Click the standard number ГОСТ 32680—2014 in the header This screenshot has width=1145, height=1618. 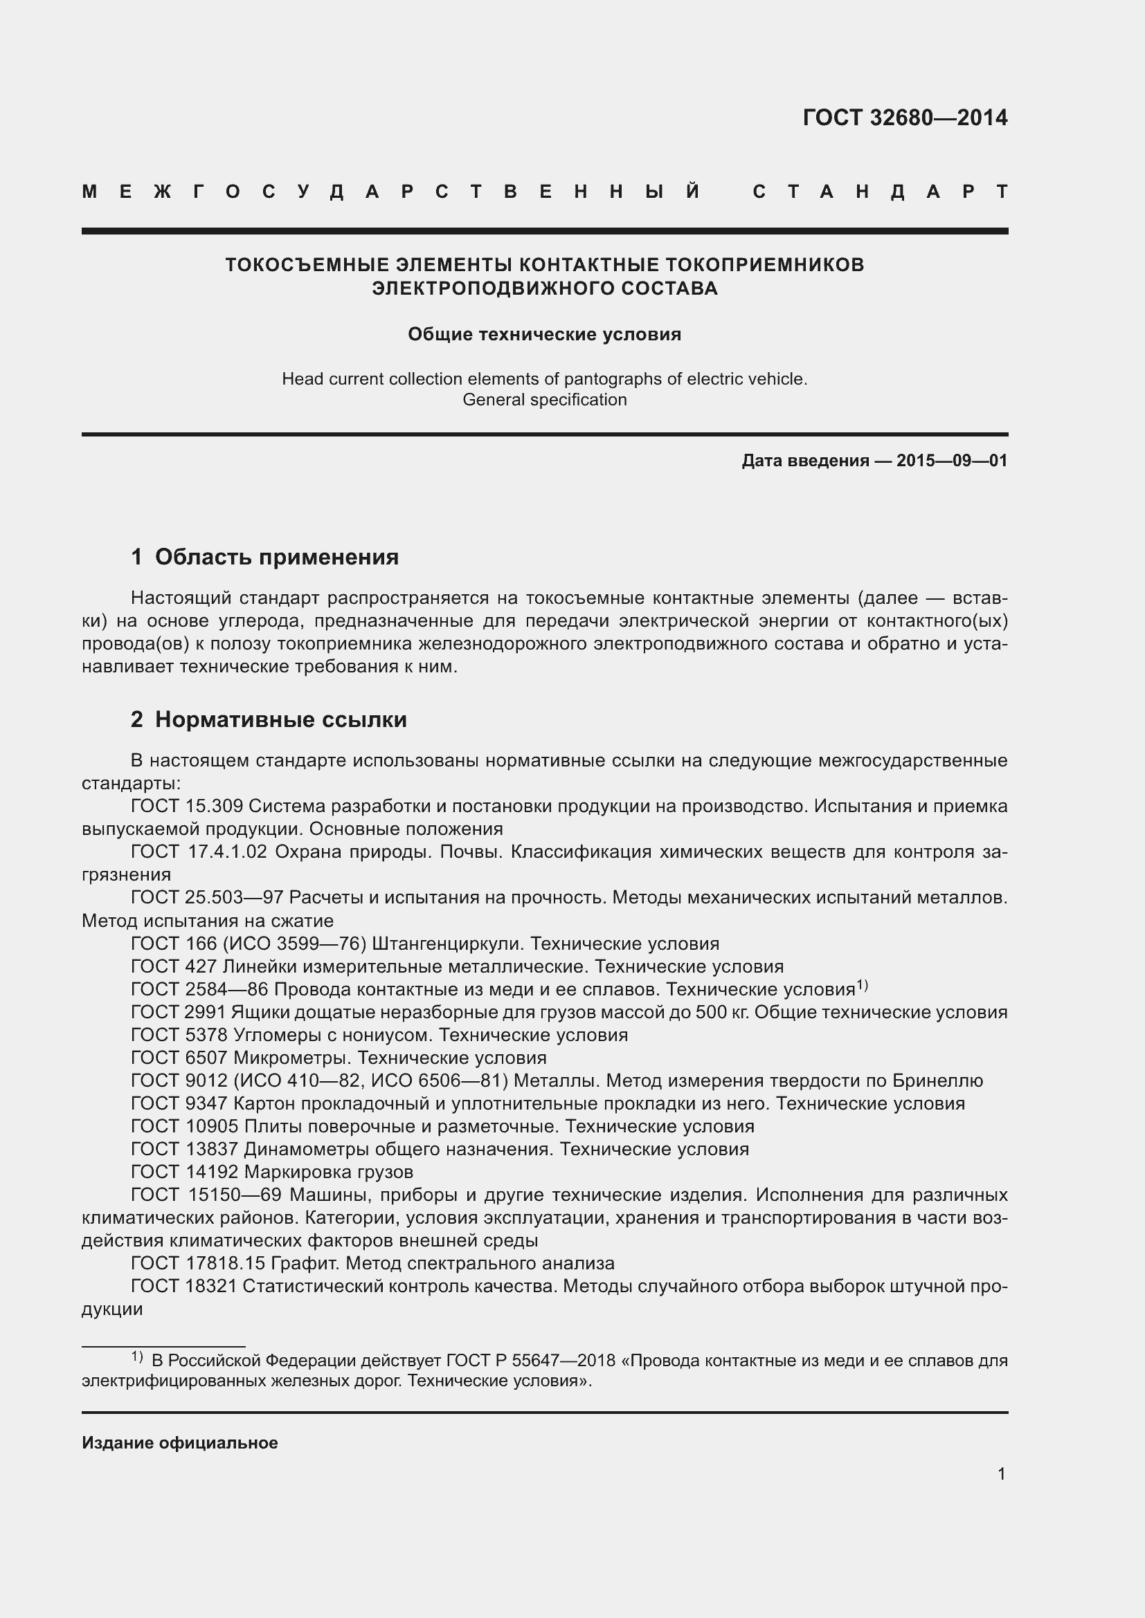click(x=905, y=118)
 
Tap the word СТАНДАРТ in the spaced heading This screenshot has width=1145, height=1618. click(x=880, y=192)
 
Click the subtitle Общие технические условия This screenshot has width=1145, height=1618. click(x=544, y=334)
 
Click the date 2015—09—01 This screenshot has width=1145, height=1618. click(x=951, y=461)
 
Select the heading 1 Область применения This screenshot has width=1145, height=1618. click(x=264, y=557)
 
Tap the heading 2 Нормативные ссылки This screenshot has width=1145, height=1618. click(x=269, y=719)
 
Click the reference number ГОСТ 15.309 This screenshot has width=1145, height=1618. click(x=187, y=806)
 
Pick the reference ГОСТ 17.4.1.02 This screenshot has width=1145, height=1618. click(x=199, y=852)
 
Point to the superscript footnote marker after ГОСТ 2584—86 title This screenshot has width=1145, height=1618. click(x=862, y=985)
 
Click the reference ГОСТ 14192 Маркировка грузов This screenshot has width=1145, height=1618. click(x=272, y=1172)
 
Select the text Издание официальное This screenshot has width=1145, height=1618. click(x=180, y=1442)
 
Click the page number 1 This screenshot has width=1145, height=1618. click(x=1001, y=1473)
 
